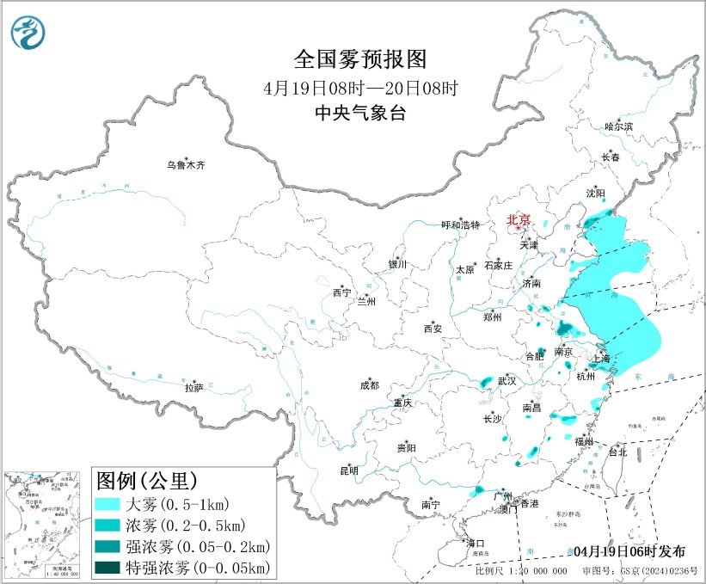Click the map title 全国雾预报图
[359, 59]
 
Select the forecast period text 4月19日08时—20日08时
[359, 88]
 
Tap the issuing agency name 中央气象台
[359, 114]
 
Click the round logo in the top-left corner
[28, 32]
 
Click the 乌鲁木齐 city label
[187, 164]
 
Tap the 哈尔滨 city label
[617, 126]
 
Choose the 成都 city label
[371, 386]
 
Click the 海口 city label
[476, 543]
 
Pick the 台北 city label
[617, 452]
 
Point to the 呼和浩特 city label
[461, 224]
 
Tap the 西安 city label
[432, 329]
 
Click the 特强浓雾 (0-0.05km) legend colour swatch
[113, 567]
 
